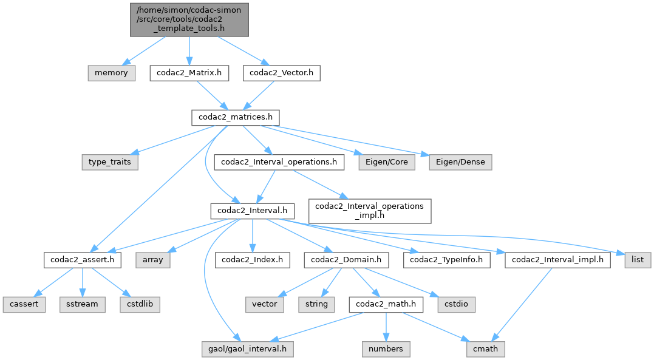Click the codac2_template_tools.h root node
189,19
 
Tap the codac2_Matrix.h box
189,73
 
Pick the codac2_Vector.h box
282,73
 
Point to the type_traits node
110,162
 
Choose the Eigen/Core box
386,162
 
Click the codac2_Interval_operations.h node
279,162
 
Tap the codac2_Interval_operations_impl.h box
370,211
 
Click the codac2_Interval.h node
252,211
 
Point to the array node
153,260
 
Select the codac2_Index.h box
251,260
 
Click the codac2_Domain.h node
346,260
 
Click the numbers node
386,349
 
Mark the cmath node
486,349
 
